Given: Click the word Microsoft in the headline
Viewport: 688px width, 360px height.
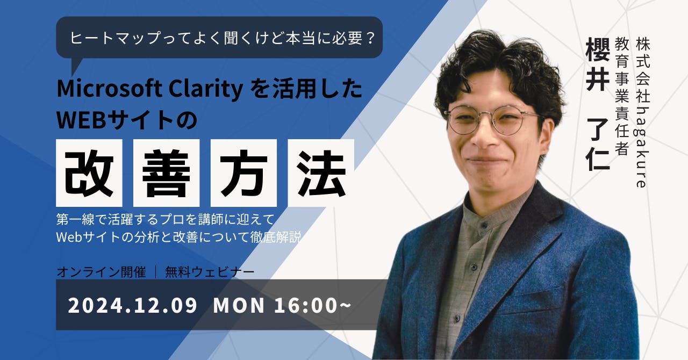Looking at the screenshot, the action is pos(110,89).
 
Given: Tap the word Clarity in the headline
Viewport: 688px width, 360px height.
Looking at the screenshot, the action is pos(206,89).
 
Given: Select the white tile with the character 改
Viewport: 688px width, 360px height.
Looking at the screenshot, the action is pos(89,173).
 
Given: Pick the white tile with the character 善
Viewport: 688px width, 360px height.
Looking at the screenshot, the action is pos(167,173).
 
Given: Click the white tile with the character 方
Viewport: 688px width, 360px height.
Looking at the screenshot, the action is pos(243,173).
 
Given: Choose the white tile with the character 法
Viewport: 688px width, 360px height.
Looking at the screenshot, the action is pos(321,173).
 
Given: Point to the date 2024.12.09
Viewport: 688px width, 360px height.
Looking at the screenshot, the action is pos(132,306).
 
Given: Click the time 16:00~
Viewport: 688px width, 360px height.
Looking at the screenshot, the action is pos(312,306).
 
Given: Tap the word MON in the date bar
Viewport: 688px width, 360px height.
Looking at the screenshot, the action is pos(239,306).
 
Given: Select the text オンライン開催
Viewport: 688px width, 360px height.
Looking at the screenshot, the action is pos(102,272).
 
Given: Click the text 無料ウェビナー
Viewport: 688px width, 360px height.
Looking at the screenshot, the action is pos(210,272).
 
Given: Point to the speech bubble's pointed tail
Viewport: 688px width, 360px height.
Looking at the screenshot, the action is pos(73,75).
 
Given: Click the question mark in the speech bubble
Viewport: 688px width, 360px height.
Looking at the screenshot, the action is pos(370,38).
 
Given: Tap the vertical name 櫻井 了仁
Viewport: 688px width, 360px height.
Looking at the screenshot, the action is pos(598,104).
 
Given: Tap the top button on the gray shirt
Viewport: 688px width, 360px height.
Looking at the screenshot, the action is pos(483,226).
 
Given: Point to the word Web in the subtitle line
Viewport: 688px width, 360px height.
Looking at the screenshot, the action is pos(69,237).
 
